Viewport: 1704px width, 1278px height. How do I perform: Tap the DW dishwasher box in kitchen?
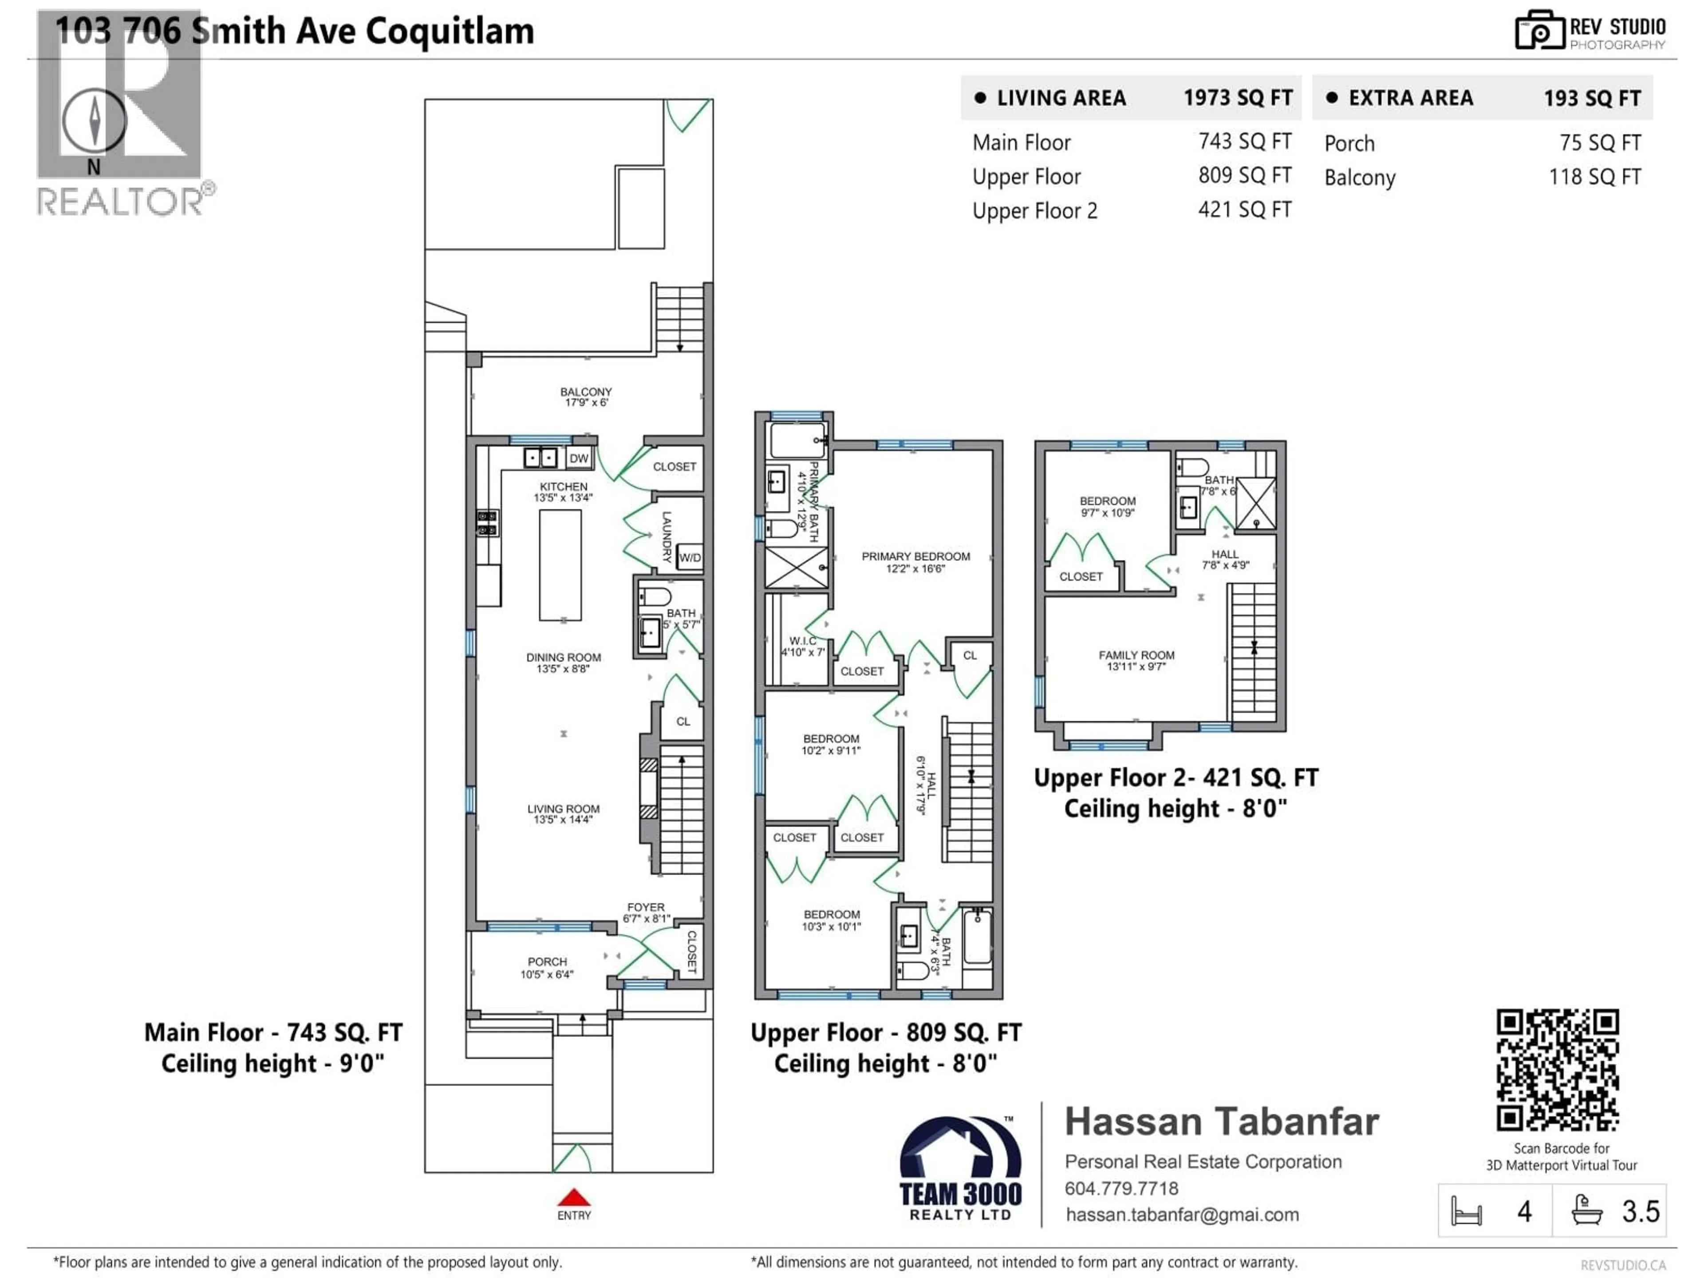click(x=579, y=458)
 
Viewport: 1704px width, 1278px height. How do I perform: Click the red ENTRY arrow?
click(x=574, y=1198)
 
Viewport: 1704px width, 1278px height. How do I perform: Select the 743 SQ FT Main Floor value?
click(x=1244, y=142)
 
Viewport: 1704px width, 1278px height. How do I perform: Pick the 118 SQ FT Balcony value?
click(x=1594, y=177)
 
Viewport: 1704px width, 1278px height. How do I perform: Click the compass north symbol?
click(x=94, y=122)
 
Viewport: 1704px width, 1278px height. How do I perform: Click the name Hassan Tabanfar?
click(x=1221, y=1122)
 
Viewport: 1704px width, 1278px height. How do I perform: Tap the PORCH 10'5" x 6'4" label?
click(x=547, y=967)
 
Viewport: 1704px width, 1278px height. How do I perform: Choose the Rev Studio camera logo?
click(x=1539, y=31)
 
